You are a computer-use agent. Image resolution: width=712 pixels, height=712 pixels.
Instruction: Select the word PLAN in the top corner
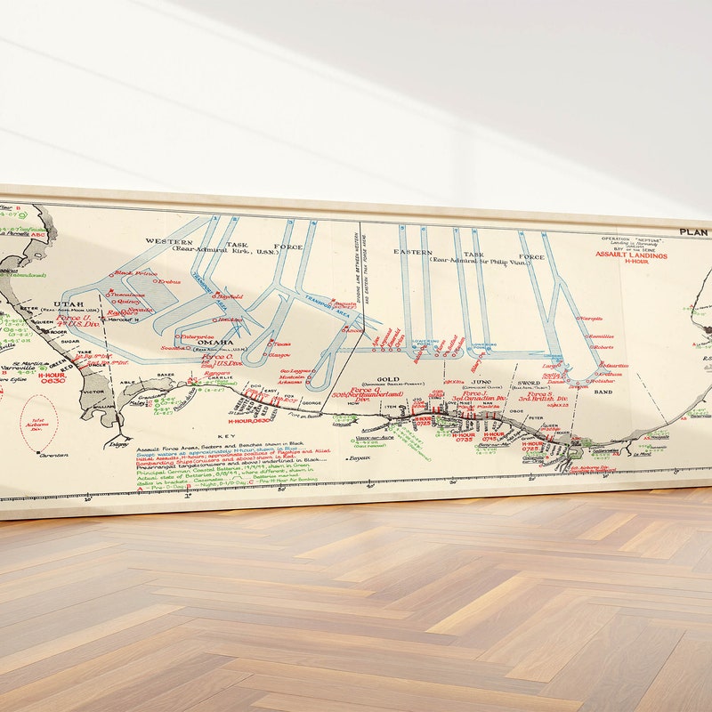[x=694, y=232]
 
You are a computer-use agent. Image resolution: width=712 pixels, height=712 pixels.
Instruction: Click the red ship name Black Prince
[x=136, y=273]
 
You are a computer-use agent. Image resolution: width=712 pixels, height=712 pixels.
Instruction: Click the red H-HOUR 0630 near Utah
[x=53, y=381]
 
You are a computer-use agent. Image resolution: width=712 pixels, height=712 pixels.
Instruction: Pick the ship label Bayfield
[x=230, y=296]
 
